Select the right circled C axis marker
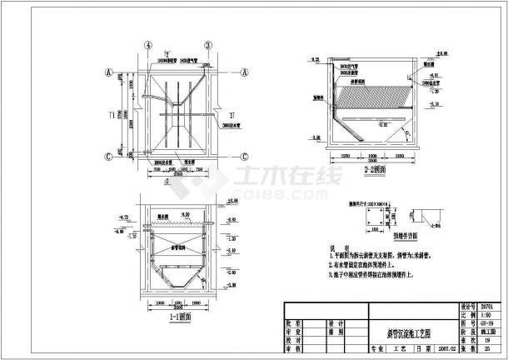click(x=244, y=156)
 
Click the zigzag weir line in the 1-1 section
click(x=178, y=222)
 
